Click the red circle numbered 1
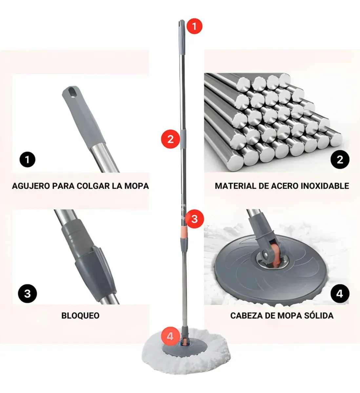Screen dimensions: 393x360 tap(194, 26)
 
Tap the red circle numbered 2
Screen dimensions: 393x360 tap(170, 139)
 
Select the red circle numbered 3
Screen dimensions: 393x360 tap(194, 219)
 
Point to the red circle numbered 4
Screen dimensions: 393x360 tap(170, 336)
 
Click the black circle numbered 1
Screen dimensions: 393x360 tap(27, 159)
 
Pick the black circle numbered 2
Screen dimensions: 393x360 tap(340, 159)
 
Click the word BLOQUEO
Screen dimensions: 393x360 tap(80, 316)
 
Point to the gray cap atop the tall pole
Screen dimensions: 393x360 tap(181, 29)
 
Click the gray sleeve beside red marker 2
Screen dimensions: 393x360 tap(184, 139)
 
